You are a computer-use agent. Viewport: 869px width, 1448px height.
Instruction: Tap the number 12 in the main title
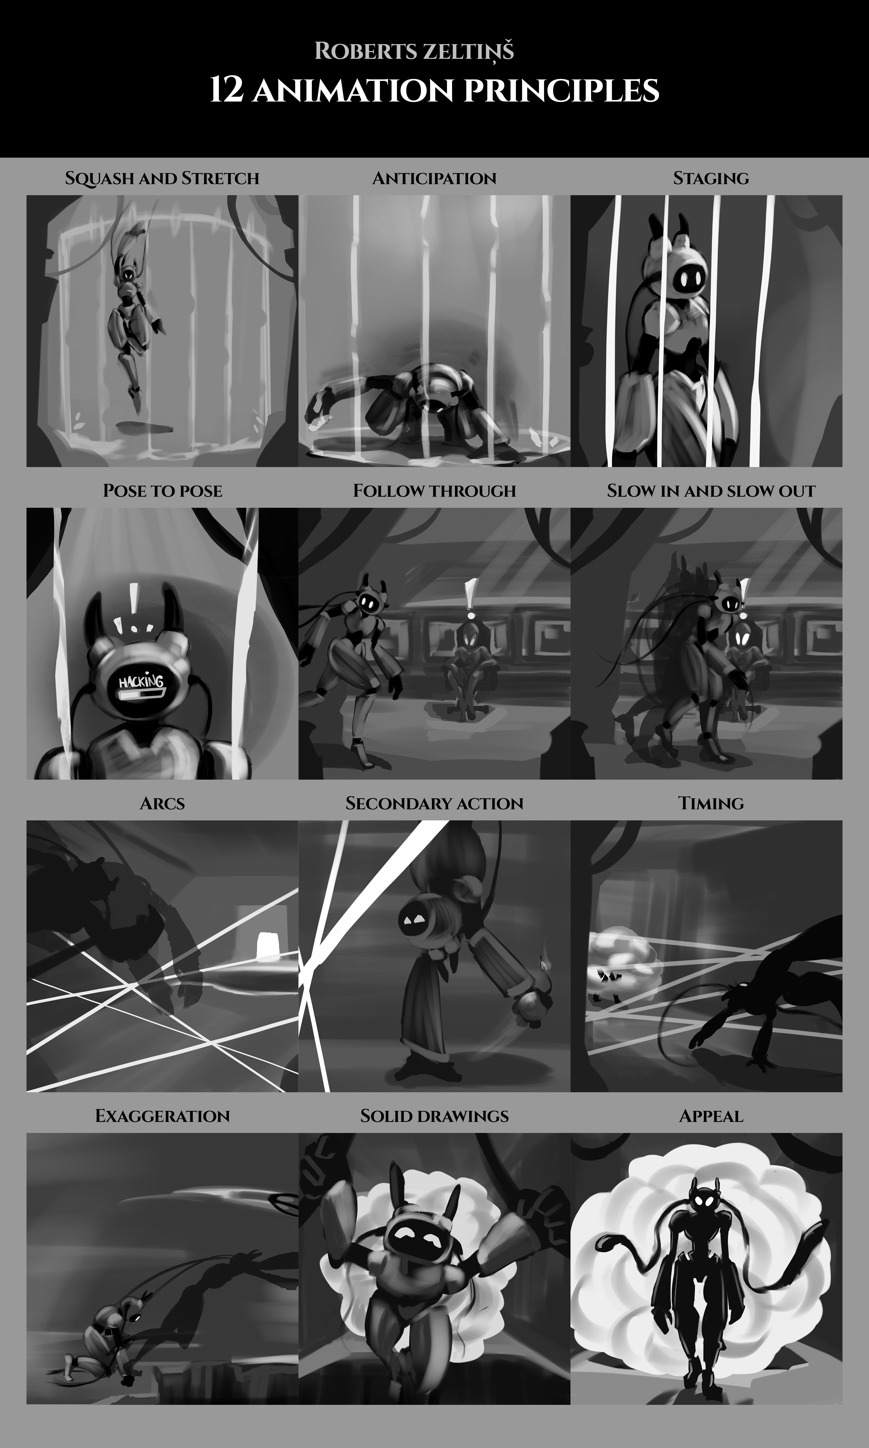(x=226, y=91)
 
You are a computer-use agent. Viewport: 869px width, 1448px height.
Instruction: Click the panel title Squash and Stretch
(x=162, y=178)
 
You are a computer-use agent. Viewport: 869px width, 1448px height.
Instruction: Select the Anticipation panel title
(x=435, y=178)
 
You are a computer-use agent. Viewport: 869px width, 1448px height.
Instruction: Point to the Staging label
(x=711, y=178)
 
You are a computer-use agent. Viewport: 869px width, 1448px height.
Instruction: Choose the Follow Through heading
(x=435, y=491)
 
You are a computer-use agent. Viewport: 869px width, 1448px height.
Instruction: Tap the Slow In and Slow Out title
(x=711, y=491)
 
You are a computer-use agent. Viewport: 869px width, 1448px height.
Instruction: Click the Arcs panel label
(x=162, y=804)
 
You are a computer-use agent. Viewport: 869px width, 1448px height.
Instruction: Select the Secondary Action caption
(x=435, y=804)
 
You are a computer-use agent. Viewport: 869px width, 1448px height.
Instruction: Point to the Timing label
(x=711, y=804)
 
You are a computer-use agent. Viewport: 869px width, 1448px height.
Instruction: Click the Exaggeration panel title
(x=162, y=1116)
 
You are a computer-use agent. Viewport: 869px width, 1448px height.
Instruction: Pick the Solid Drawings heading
(x=435, y=1116)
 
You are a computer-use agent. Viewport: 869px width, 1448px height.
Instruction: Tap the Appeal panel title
(x=711, y=1116)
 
